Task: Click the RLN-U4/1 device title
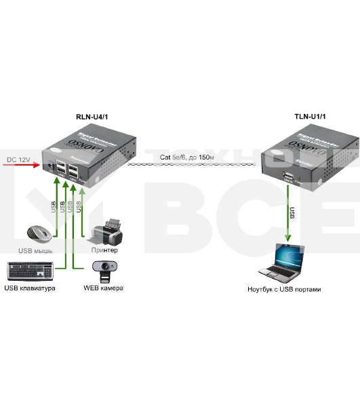[x=92, y=117]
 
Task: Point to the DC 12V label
[x=20, y=159]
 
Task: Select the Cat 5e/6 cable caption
[x=186, y=157]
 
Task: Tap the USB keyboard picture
[x=30, y=271]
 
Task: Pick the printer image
[x=108, y=231]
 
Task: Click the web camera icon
[x=110, y=271]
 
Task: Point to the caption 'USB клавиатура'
[x=30, y=289]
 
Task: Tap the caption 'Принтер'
[x=105, y=250]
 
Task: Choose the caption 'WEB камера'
[x=103, y=289]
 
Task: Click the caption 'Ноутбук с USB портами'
[x=285, y=290]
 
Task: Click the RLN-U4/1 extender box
[x=80, y=157]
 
